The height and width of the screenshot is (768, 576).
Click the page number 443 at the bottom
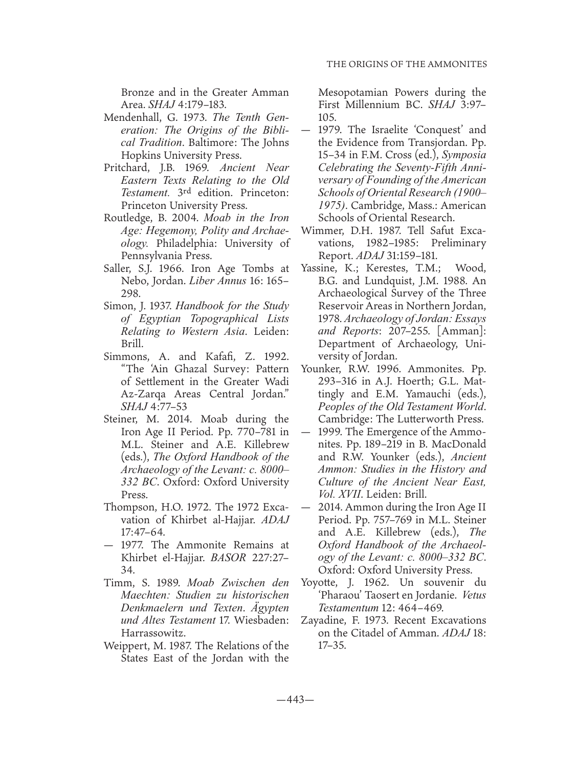click(x=287, y=700)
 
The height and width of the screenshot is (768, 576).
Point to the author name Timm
click(x=117, y=582)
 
